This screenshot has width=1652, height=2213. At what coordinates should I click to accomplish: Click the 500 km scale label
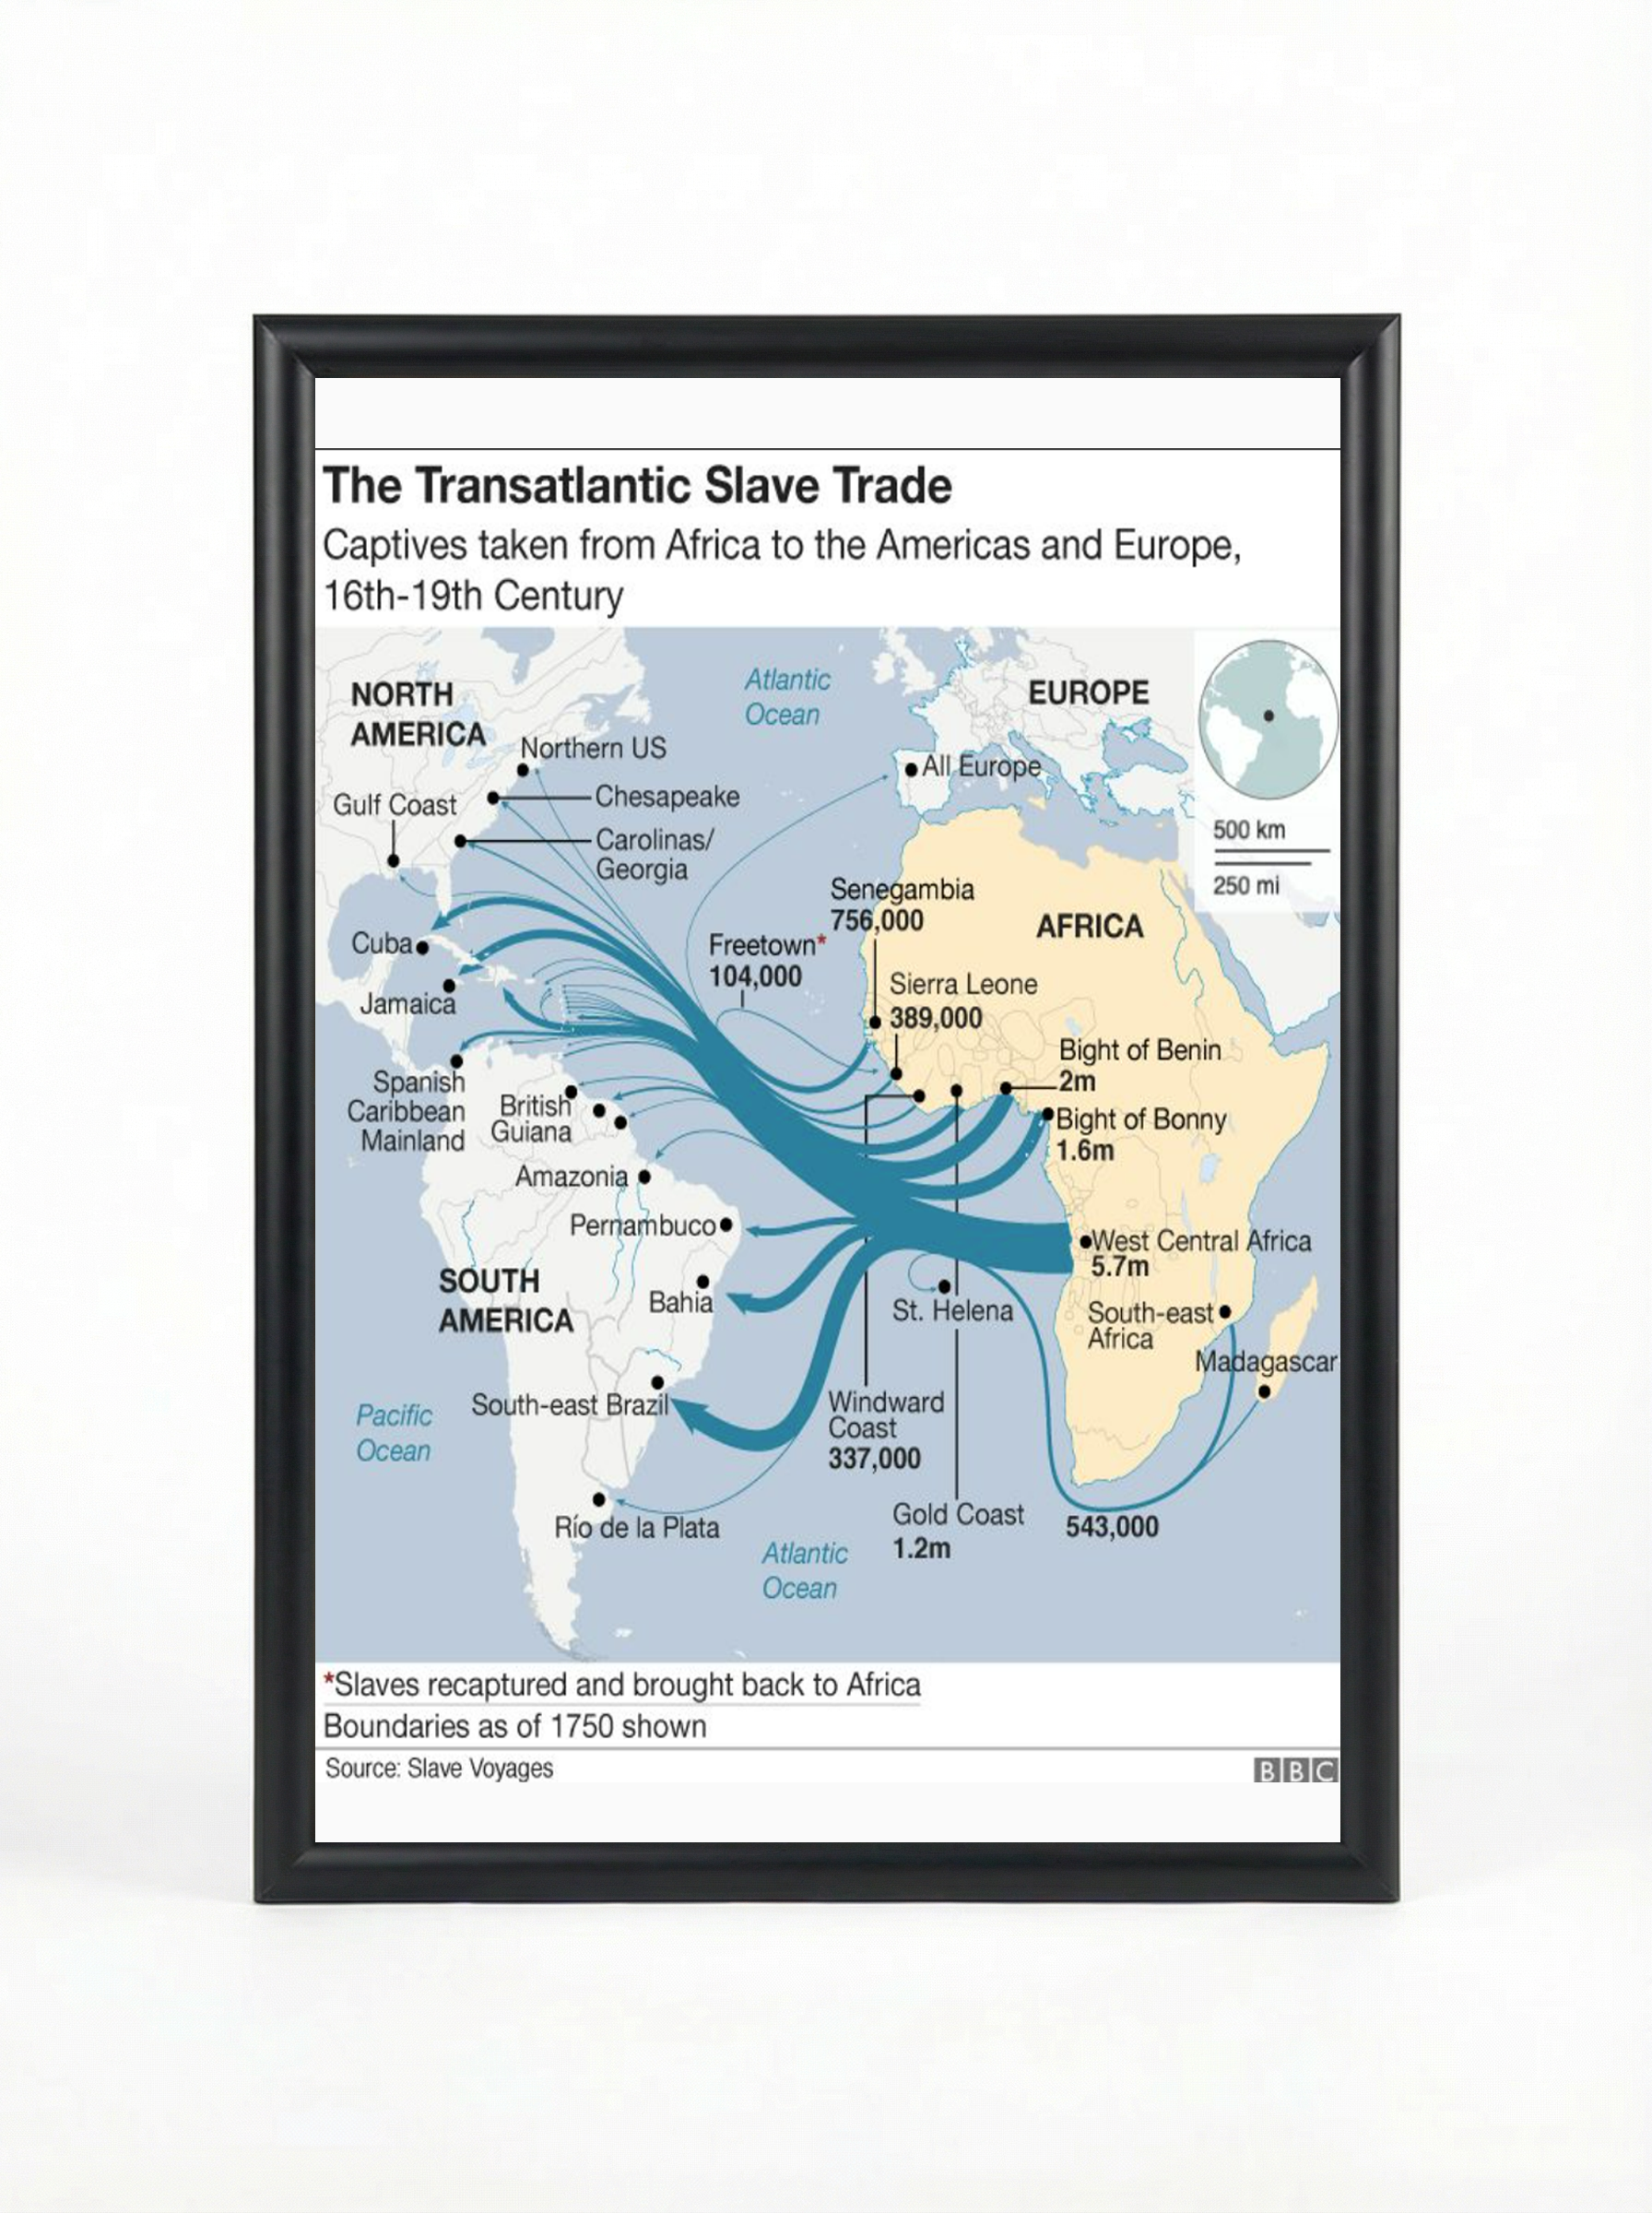[1249, 830]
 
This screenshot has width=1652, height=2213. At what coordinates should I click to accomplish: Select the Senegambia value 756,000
[877, 921]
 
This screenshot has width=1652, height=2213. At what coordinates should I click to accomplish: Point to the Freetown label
[762, 945]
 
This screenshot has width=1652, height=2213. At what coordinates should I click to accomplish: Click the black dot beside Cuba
[422, 947]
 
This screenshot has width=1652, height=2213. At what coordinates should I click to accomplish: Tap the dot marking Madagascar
[1264, 1391]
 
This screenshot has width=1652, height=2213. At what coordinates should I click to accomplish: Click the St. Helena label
[952, 1310]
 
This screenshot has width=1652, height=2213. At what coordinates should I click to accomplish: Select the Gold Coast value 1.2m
[921, 1548]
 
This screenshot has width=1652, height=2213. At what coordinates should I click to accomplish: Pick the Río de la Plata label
[637, 1527]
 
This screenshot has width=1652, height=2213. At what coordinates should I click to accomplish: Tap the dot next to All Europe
[912, 770]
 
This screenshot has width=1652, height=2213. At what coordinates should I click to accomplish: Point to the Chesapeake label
[667, 797]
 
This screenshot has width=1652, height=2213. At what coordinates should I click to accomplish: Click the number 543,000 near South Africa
[1112, 1527]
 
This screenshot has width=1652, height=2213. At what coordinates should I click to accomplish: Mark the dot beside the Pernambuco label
[726, 1224]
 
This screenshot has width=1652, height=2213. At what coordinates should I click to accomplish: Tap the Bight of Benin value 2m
[1077, 1081]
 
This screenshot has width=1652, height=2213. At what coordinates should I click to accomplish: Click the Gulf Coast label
[394, 805]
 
